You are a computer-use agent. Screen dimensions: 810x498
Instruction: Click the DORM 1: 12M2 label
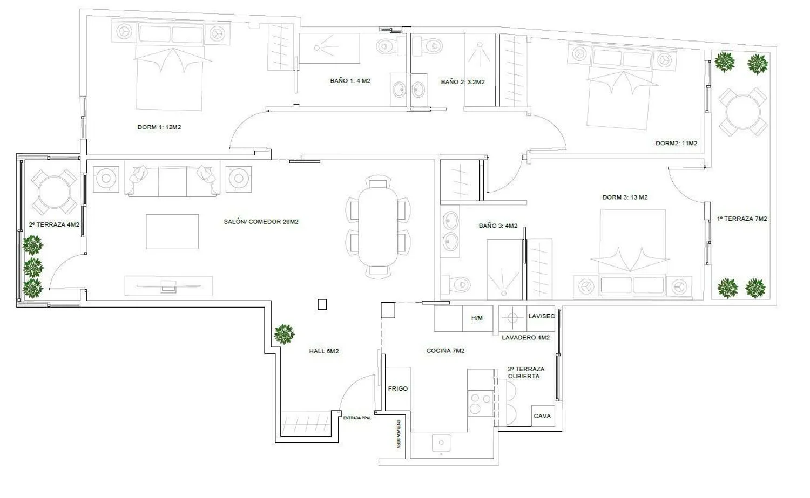pyautogui.click(x=159, y=127)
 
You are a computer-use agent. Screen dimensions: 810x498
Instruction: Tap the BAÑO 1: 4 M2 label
pyautogui.click(x=350, y=81)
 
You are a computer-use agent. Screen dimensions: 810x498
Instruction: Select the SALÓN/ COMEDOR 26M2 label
pyautogui.click(x=261, y=222)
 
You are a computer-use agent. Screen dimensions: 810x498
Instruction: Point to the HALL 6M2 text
pyautogui.click(x=324, y=351)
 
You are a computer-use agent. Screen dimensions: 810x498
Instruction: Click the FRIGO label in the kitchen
pyautogui.click(x=398, y=388)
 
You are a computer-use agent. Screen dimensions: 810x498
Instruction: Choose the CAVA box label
pyautogui.click(x=542, y=416)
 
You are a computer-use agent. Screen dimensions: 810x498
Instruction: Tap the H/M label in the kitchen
pyautogui.click(x=477, y=318)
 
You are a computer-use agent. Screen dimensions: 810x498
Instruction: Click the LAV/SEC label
pyautogui.click(x=541, y=316)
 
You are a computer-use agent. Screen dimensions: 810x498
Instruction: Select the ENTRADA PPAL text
pyautogui.click(x=357, y=418)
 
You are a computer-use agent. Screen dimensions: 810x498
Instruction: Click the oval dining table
pyautogui.click(x=378, y=227)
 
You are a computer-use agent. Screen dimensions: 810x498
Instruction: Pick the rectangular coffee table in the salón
pyautogui.click(x=172, y=231)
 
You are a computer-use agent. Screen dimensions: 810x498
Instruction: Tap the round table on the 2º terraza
pyautogui.click(x=54, y=192)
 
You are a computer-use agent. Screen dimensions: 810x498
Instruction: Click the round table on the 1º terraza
pyautogui.click(x=742, y=112)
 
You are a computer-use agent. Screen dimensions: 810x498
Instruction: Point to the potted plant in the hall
pyautogui.click(x=284, y=334)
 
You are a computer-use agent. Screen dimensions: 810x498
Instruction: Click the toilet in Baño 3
pyautogui.click(x=456, y=284)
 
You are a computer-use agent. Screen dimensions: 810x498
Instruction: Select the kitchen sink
pyautogui.click(x=441, y=443)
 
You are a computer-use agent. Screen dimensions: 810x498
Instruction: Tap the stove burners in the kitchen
pyautogui.click(x=480, y=403)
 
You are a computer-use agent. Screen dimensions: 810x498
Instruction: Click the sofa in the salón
pyautogui.click(x=172, y=179)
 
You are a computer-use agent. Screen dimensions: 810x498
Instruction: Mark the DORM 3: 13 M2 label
pyautogui.click(x=625, y=197)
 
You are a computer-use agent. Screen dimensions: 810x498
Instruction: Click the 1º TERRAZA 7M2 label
pyautogui.click(x=741, y=219)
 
